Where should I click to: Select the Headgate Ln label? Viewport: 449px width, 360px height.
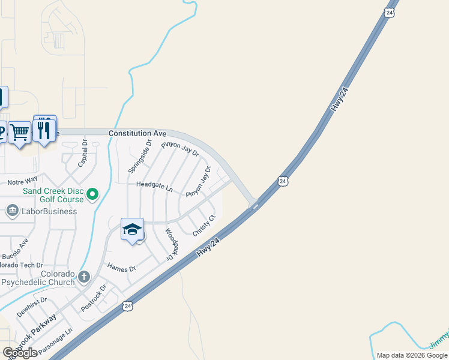coord(154,187)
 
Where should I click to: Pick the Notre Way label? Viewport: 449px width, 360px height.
coord(22,180)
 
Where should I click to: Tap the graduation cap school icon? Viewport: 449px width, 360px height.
coord(132,229)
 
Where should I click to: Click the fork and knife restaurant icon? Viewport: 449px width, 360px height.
coord(44,128)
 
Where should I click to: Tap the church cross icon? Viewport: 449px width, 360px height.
coord(84,277)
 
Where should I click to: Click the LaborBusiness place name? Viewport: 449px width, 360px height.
coord(50,211)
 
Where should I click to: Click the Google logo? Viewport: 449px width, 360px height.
coord(20,353)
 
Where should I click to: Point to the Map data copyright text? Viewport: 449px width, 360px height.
coord(411,355)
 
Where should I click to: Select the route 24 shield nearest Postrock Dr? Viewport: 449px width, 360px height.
coord(127,306)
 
